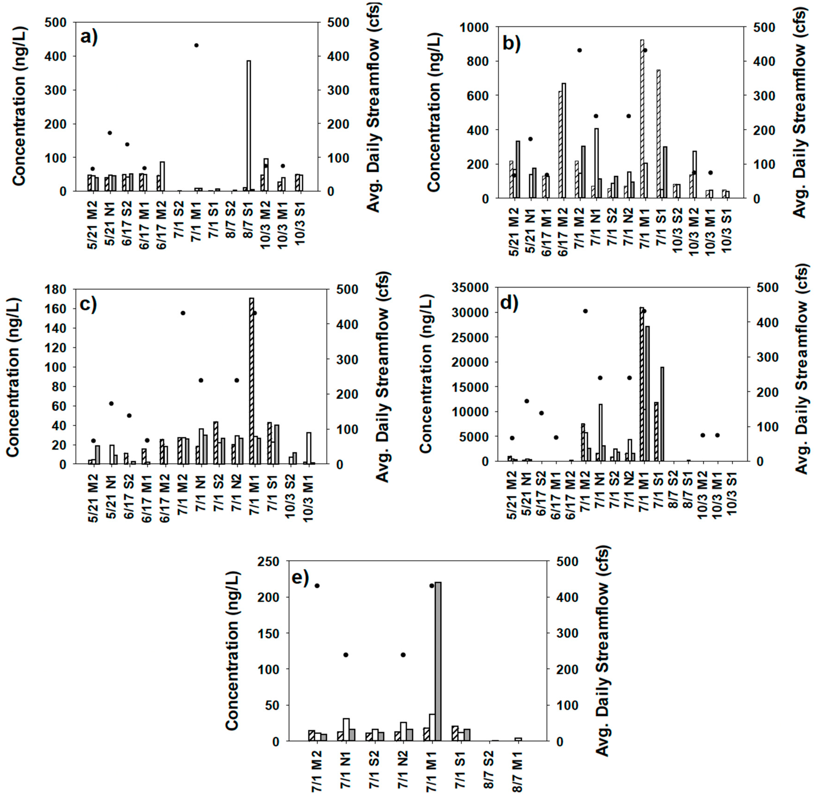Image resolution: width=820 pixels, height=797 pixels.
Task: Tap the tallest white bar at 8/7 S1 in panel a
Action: (x=248, y=126)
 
